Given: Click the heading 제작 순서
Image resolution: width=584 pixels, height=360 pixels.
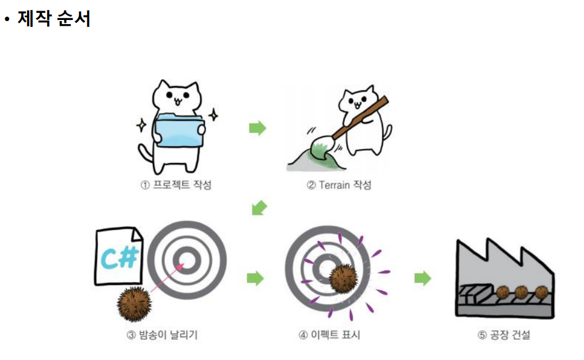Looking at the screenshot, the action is (x=53, y=18).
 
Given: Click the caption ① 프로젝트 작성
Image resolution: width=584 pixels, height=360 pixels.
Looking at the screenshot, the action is (x=176, y=185).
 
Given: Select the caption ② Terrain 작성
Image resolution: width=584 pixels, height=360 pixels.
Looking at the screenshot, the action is (x=339, y=185).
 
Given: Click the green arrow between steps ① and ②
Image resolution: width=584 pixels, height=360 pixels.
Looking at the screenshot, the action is (x=257, y=128).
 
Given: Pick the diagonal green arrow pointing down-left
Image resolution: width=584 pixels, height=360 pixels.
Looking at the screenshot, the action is (x=259, y=208).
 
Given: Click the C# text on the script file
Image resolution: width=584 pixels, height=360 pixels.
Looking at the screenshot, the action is (x=120, y=257).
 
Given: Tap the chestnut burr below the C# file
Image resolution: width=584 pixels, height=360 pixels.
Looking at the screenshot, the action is (x=134, y=304).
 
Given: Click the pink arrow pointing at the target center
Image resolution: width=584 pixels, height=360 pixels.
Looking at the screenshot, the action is (x=168, y=278).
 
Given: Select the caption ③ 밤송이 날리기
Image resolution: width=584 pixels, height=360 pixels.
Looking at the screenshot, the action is (x=162, y=335).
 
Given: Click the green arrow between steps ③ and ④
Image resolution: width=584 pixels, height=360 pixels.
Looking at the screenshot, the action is (x=256, y=278).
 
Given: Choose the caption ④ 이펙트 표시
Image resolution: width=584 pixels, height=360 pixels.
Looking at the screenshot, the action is (x=330, y=335).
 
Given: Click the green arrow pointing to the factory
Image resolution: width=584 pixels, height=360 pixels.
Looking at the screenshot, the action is (x=423, y=278).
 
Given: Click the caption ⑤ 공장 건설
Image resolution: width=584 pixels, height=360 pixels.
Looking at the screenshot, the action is (x=504, y=335).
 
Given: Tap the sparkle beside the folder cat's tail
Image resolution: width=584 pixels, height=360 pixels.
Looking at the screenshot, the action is (x=141, y=125).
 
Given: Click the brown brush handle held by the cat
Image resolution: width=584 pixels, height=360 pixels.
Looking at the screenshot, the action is (x=358, y=118).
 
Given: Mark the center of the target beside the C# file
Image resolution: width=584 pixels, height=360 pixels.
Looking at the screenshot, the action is (x=186, y=260).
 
